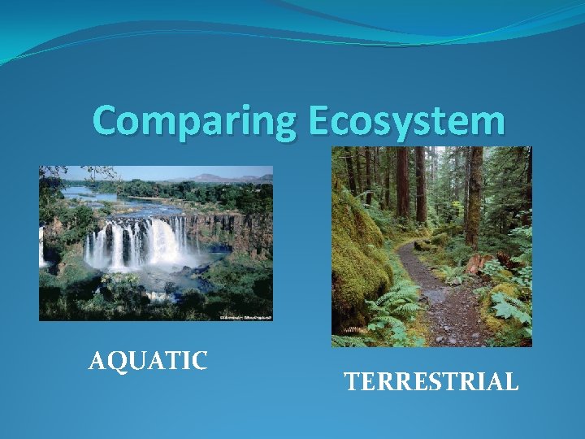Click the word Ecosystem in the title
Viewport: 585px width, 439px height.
coord(406,122)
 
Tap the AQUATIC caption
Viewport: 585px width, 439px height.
coord(148,360)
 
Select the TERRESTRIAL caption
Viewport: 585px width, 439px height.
coord(431,381)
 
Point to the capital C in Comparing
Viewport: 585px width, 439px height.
coord(107,121)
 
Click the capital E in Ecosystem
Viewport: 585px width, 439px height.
coord(319,121)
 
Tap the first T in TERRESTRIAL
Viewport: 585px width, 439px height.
coord(351,381)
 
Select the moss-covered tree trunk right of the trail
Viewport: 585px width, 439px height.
coord(474,195)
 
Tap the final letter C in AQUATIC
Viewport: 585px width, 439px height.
coord(199,360)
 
